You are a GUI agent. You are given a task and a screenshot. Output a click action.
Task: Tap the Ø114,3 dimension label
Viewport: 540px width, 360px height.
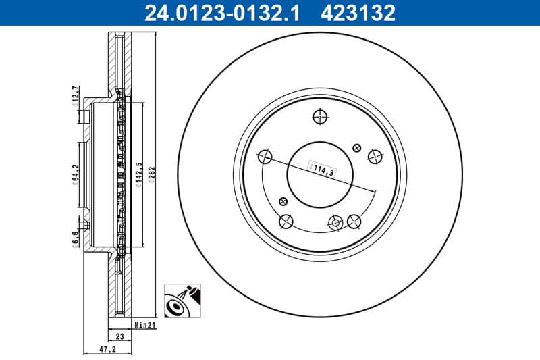(322, 169)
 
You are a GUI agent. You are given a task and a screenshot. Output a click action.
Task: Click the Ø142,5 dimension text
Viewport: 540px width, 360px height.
(138, 174)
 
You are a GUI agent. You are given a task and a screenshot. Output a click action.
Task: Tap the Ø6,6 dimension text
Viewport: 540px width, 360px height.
(76, 238)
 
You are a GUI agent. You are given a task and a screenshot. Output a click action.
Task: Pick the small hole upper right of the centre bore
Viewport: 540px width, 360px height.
(358, 145)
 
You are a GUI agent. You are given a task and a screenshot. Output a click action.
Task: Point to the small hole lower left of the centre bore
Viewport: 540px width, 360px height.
(282, 200)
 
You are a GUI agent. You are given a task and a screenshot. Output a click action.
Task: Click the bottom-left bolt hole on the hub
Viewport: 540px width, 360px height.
(286, 220)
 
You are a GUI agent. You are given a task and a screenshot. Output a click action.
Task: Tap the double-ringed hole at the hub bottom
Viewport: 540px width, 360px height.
(335, 222)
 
